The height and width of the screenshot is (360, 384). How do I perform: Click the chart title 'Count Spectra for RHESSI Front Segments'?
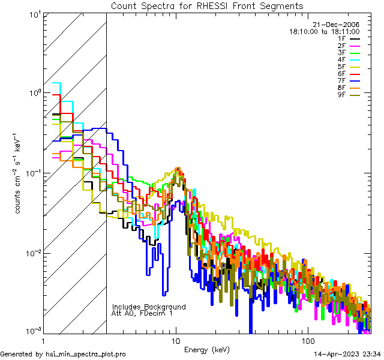207,5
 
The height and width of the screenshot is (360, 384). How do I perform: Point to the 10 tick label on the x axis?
176,340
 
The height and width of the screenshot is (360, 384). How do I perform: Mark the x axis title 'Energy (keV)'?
207,349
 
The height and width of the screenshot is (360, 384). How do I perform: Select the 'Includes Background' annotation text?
149,307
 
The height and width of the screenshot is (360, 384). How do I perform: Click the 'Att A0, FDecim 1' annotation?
142,313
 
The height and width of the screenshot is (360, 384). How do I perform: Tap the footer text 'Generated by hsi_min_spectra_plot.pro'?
63,354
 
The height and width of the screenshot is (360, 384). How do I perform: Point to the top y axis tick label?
33,14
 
